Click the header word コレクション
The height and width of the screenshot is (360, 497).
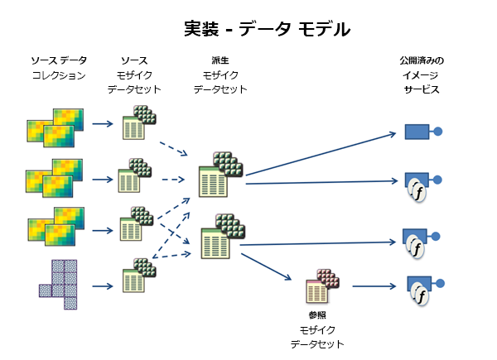coord(59,75)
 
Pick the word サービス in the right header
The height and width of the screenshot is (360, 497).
coord(422,89)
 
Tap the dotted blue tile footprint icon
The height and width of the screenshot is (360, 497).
coord(57,282)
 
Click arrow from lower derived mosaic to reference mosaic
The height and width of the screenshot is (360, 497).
coord(273,266)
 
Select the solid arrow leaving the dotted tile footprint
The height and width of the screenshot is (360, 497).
coord(102,286)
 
